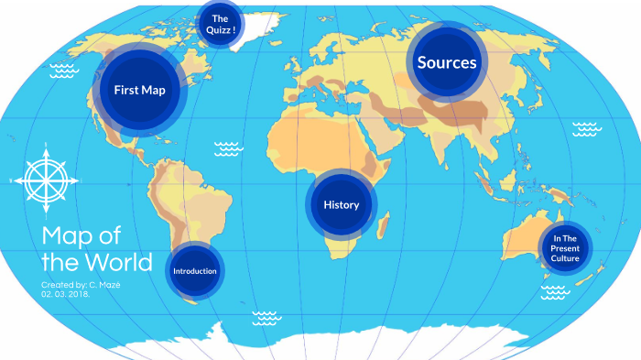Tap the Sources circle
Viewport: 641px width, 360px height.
pyautogui.click(x=447, y=62)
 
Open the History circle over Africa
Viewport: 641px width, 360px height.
pyautogui.click(x=341, y=204)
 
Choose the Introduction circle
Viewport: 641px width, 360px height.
pyautogui.click(x=195, y=271)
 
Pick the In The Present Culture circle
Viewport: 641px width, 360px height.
pyautogui.click(x=565, y=248)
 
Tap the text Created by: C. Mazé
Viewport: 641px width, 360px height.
pyautogui.click(x=83, y=285)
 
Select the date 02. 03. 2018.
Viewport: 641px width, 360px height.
pyautogui.click(x=65, y=294)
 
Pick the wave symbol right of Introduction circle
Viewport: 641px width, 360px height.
pyautogui.click(x=266, y=317)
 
